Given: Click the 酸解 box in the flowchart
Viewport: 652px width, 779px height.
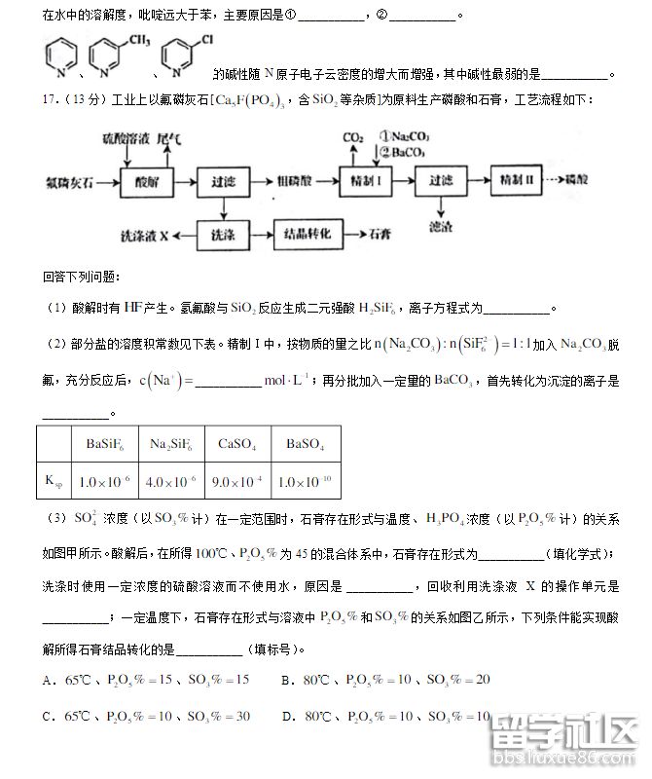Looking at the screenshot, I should pyautogui.click(x=147, y=181).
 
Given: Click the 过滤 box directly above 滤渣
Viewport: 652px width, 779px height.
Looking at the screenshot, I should pyautogui.click(x=441, y=181).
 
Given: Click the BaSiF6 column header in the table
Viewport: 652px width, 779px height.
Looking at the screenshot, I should pyautogui.click(x=103, y=444).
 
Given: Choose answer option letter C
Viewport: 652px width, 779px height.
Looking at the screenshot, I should pyautogui.click(x=48, y=716).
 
